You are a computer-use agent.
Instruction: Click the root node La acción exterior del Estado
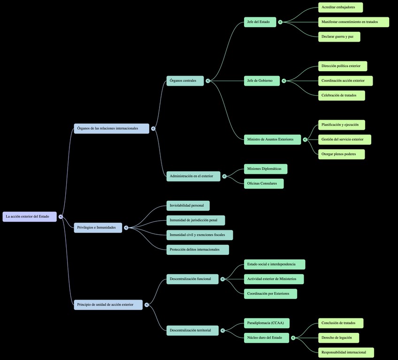(x=30, y=217)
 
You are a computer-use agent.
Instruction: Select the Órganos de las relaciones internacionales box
(x=111, y=128)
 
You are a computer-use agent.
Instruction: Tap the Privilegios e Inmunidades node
(x=98, y=228)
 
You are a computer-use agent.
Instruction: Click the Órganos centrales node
(x=185, y=81)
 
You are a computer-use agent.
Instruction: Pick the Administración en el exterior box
(x=193, y=176)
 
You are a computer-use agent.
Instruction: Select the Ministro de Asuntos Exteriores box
(x=272, y=139)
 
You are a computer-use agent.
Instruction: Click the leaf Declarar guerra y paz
(x=339, y=37)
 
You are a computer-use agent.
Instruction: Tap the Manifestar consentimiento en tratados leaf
(x=353, y=22)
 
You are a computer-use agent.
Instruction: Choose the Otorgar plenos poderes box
(x=341, y=154)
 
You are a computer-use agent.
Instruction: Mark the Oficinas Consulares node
(x=264, y=183)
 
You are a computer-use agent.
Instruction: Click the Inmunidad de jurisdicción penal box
(x=196, y=220)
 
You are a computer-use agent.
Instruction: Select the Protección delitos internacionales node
(x=198, y=249)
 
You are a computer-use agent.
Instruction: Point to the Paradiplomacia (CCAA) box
(x=267, y=323)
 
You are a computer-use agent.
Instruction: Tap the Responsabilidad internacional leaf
(x=346, y=352)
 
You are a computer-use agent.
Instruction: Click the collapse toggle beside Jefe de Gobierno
(x=284, y=81)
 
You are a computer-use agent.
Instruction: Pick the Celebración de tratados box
(x=341, y=95)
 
